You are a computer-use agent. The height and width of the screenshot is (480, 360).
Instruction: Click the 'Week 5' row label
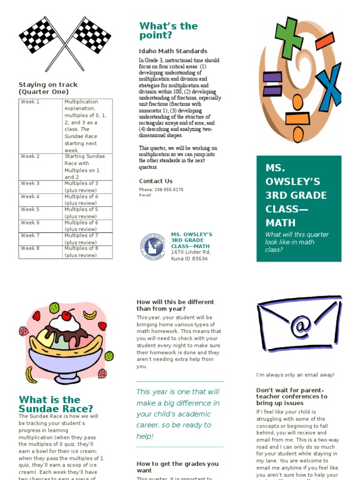click(x=30, y=210)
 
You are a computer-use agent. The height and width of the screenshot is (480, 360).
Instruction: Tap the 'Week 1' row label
click(x=30, y=102)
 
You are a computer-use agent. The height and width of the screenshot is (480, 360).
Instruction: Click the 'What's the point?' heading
click(x=168, y=30)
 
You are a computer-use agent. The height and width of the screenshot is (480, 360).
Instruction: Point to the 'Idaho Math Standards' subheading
click(x=173, y=51)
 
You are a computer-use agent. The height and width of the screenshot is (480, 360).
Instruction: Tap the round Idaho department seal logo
click(x=152, y=247)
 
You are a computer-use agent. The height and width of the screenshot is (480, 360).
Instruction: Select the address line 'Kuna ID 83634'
click(x=189, y=259)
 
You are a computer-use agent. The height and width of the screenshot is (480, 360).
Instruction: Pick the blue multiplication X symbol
click(x=328, y=85)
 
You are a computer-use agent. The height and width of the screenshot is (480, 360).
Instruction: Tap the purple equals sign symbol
click(x=272, y=83)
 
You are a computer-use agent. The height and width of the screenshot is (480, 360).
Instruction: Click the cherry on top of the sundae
click(x=67, y=315)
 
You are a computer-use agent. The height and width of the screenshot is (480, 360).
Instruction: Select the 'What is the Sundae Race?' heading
click(x=56, y=404)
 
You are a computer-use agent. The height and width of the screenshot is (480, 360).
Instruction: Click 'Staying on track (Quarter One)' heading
click(x=48, y=88)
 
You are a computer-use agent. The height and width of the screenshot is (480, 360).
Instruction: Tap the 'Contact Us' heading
click(x=156, y=181)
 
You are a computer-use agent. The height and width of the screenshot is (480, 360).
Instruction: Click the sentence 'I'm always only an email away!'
click(x=295, y=375)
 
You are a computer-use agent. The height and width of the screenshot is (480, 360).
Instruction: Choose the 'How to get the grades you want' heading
click(x=177, y=467)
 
